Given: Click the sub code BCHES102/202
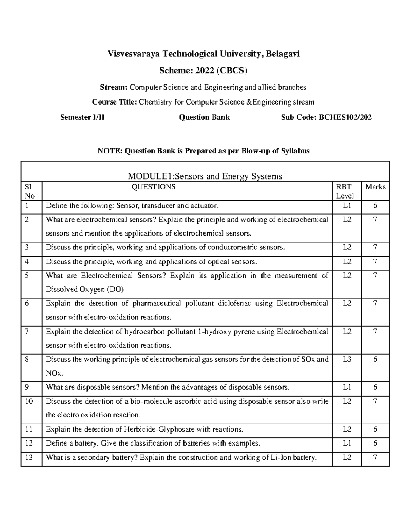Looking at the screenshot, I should pyautogui.click(x=343, y=117).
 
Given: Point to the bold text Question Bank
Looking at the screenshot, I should pyautogui.click(x=204, y=117).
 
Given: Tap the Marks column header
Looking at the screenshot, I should pyautogui.click(x=375, y=187).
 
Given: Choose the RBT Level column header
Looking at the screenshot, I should pyautogui.click(x=345, y=191).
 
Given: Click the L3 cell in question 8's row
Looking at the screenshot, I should pyautogui.click(x=347, y=359).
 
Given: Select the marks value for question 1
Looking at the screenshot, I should pyautogui.click(x=375, y=206).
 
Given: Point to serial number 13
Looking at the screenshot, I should pyautogui.click(x=29, y=457).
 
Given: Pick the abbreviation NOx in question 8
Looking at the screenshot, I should pyautogui.click(x=54, y=373).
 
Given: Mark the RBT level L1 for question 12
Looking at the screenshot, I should pyautogui.click(x=347, y=443).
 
